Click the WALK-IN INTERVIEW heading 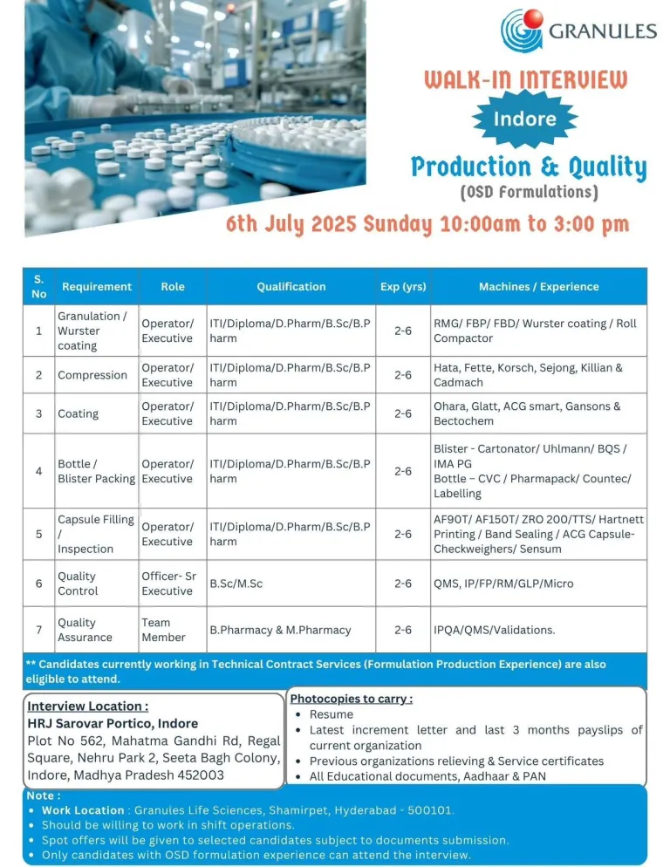point(525,80)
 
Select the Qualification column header point(291,286)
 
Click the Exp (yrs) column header point(402,286)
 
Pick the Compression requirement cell point(92,375)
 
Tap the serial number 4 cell point(38,471)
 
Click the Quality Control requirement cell point(78,584)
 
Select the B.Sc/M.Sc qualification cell point(236,584)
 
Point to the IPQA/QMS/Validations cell point(494,630)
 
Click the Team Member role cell point(156,630)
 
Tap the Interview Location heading point(87,706)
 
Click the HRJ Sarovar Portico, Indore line point(113,723)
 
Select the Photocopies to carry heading point(351,699)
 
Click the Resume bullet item point(332,714)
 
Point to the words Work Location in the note point(83,810)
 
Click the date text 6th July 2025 point(291,223)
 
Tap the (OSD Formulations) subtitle point(529,191)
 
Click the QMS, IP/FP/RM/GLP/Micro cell point(503,584)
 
